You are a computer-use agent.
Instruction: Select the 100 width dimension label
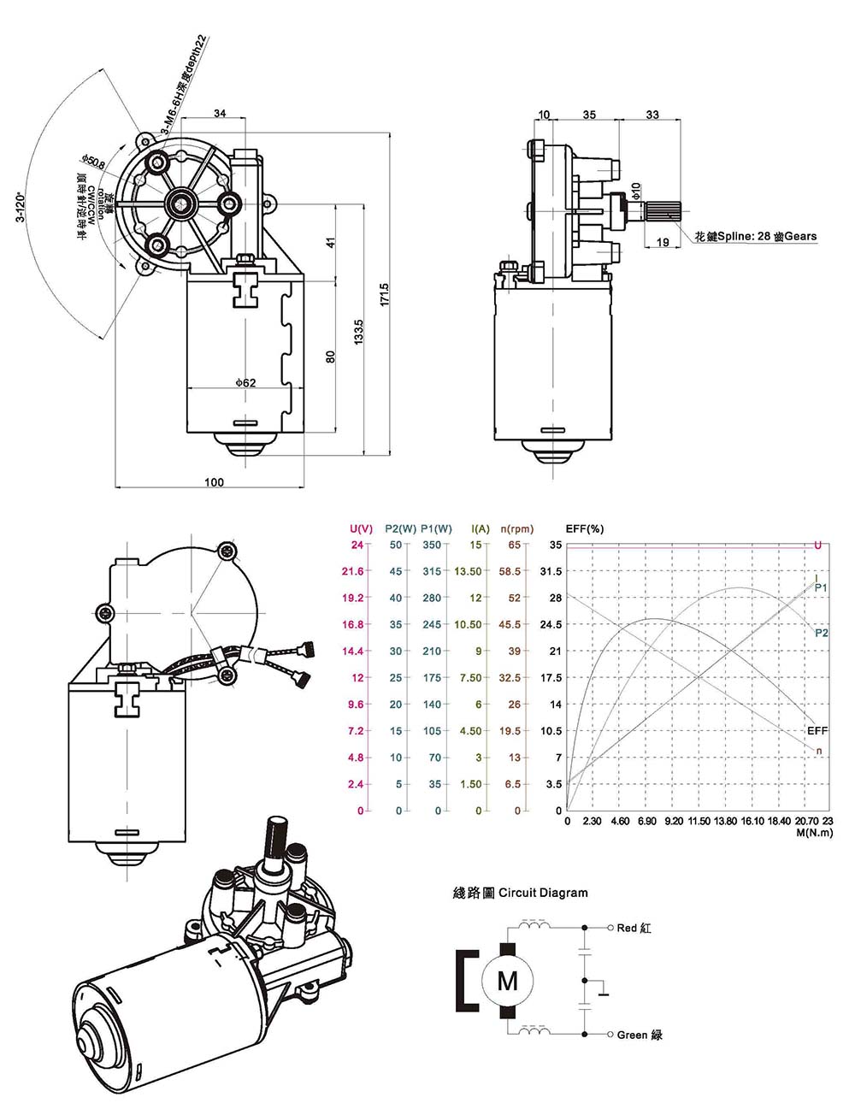click(x=214, y=482)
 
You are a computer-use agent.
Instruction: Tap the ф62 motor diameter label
click(x=245, y=383)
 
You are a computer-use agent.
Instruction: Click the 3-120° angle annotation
click(x=20, y=206)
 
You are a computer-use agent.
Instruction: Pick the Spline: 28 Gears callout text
click(x=756, y=237)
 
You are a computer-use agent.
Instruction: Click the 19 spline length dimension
click(x=663, y=243)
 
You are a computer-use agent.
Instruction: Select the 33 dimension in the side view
click(x=652, y=115)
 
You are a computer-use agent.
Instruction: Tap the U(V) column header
click(x=362, y=528)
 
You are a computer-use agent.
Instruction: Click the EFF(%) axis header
click(x=585, y=528)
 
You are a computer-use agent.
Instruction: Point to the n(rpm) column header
click(x=516, y=528)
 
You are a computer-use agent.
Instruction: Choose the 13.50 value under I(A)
click(x=468, y=571)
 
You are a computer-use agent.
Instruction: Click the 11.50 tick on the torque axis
click(x=699, y=822)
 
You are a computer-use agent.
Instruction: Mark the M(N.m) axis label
click(x=813, y=832)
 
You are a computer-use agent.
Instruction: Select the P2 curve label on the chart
click(x=821, y=633)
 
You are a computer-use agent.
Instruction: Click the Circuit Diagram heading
click(x=520, y=893)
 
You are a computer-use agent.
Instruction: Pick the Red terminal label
click(x=634, y=928)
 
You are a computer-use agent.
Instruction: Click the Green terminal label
click(x=640, y=1035)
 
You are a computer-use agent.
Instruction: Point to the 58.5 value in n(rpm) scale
click(x=510, y=571)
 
